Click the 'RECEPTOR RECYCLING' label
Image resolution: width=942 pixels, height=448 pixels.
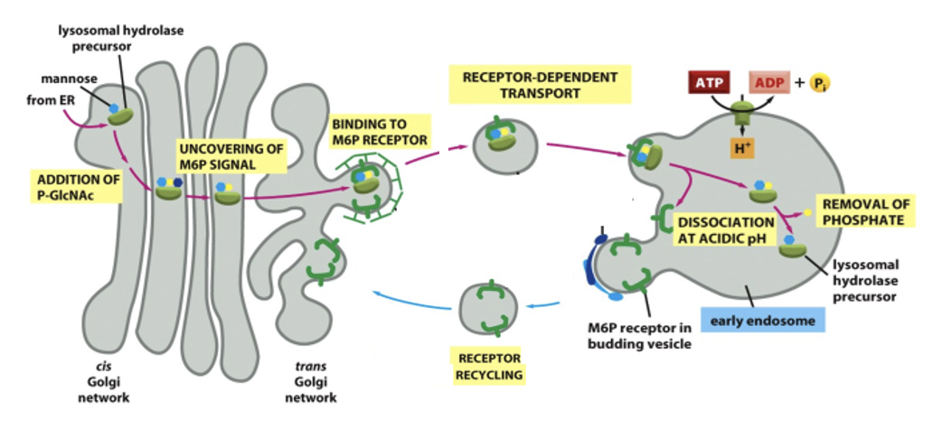tap(488, 365)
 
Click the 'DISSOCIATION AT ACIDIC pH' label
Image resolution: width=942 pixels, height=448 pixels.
tap(725, 229)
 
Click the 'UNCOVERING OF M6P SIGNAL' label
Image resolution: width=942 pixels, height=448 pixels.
tap(230, 155)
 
